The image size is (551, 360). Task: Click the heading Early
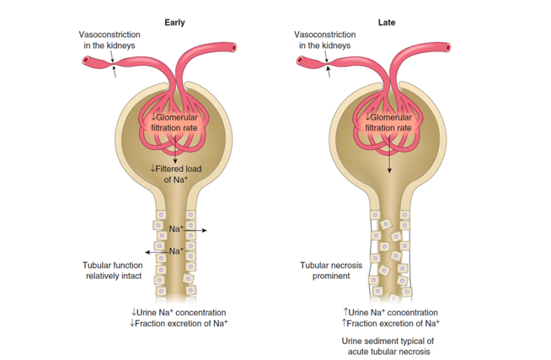coord(175,23)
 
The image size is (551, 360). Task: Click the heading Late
coord(386,23)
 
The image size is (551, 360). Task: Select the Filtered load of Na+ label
coord(176,174)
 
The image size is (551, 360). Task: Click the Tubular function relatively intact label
coord(113,271)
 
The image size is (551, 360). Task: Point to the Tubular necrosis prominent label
coord(331,271)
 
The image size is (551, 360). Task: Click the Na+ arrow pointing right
coord(195,231)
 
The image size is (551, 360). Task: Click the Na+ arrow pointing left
coord(157,252)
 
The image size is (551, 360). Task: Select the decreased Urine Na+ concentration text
coord(178,313)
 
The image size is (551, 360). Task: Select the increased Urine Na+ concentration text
coord(391,313)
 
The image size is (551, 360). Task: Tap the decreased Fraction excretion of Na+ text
coord(178,323)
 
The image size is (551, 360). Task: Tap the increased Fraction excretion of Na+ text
coord(391,323)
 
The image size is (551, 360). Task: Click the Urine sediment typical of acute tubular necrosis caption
coord(388,346)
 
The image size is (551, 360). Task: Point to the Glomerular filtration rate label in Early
coord(174,123)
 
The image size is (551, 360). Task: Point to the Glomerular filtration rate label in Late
coord(388,123)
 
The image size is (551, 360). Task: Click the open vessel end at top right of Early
coord(233,47)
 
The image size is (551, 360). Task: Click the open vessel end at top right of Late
coord(448,47)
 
